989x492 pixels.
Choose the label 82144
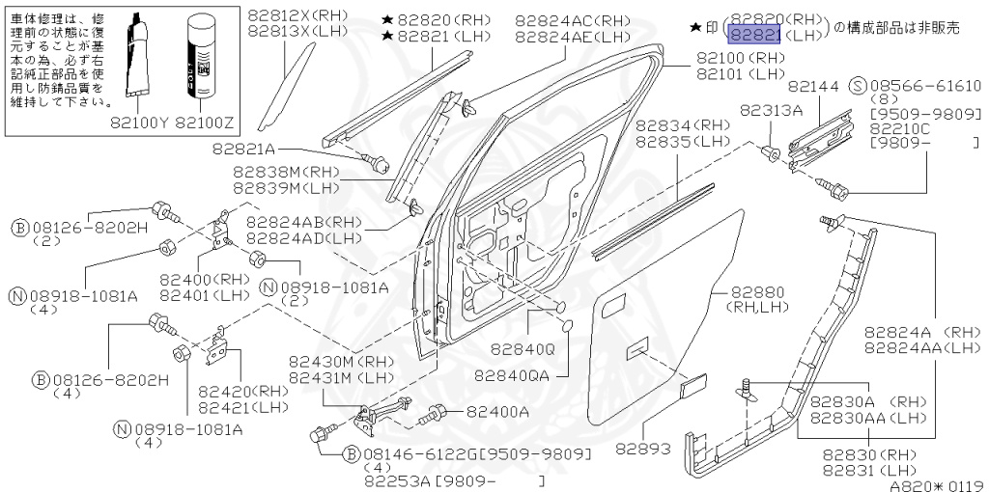812,86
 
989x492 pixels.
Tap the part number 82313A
772,110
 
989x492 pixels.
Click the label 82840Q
523,349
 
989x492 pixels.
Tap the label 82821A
243,149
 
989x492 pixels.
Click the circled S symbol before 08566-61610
856,85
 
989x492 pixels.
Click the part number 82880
756,291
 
